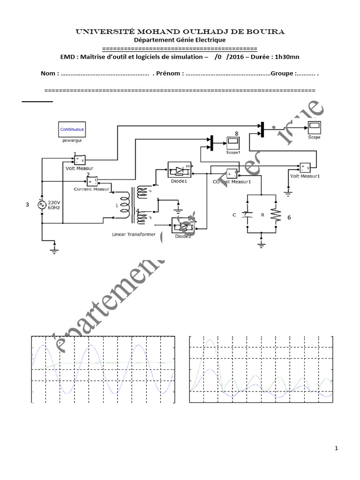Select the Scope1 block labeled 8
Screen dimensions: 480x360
tap(233, 141)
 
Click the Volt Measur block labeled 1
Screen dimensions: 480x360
tap(79, 160)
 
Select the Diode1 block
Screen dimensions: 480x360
tap(180, 170)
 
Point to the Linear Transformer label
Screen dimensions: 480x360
tap(134, 233)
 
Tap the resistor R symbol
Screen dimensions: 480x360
tap(275, 215)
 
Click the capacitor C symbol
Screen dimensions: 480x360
tap(247, 215)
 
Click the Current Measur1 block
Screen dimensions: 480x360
tap(231, 174)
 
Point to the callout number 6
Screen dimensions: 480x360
tap(289, 217)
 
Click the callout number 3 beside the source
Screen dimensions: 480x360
tap(28, 205)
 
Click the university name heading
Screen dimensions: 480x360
tap(180, 31)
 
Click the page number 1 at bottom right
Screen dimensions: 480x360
tap(336, 449)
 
